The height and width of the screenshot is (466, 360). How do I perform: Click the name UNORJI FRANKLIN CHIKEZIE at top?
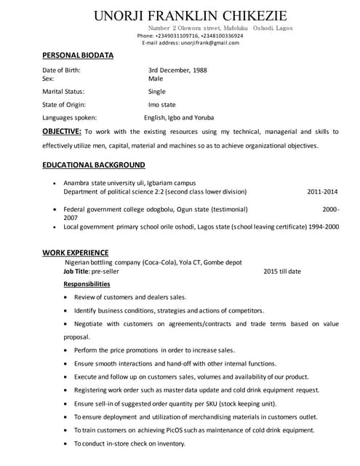click(191, 15)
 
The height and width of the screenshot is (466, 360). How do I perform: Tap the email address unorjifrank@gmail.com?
click(210, 43)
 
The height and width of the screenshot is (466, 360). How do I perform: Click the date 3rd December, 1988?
click(177, 70)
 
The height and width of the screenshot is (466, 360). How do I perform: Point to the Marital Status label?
click(63, 92)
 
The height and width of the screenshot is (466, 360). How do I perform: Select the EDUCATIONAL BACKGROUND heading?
click(94, 165)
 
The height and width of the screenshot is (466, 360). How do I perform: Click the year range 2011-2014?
click(322, 191)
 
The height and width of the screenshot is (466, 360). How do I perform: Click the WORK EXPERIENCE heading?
click(76, 252)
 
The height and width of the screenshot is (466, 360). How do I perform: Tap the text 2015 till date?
click(282, 271)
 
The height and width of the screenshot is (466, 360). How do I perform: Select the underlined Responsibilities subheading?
click(87, 284)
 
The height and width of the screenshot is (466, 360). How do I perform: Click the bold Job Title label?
click(79, 271)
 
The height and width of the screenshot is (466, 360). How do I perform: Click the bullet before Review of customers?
click(67, 297)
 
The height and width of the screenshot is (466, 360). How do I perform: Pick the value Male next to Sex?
click(156, 78)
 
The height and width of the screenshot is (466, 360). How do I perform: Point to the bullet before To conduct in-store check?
click(67, 443)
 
